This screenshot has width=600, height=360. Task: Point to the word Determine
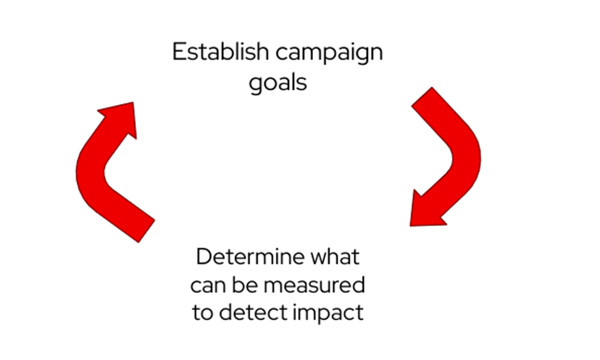tap(249, 257)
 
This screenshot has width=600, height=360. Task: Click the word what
tap(335, 257)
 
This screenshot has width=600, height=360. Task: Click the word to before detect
tap(203, 313)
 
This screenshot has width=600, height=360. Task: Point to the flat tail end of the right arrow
tap(422, 98)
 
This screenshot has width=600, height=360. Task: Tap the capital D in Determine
tap(204, 257)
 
